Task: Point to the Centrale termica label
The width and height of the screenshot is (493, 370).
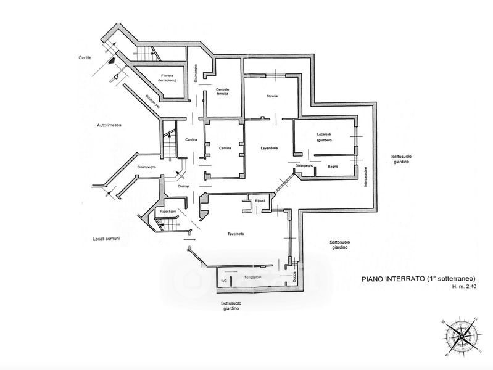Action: point(222,92)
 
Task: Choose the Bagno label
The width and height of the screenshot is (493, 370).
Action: point(333,166)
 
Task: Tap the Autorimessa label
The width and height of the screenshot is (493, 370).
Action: point(109,125)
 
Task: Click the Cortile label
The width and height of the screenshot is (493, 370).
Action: point(85,57)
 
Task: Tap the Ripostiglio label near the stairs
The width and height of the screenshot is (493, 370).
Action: point(168,212)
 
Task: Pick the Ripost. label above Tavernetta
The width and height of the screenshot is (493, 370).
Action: point(260,202)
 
